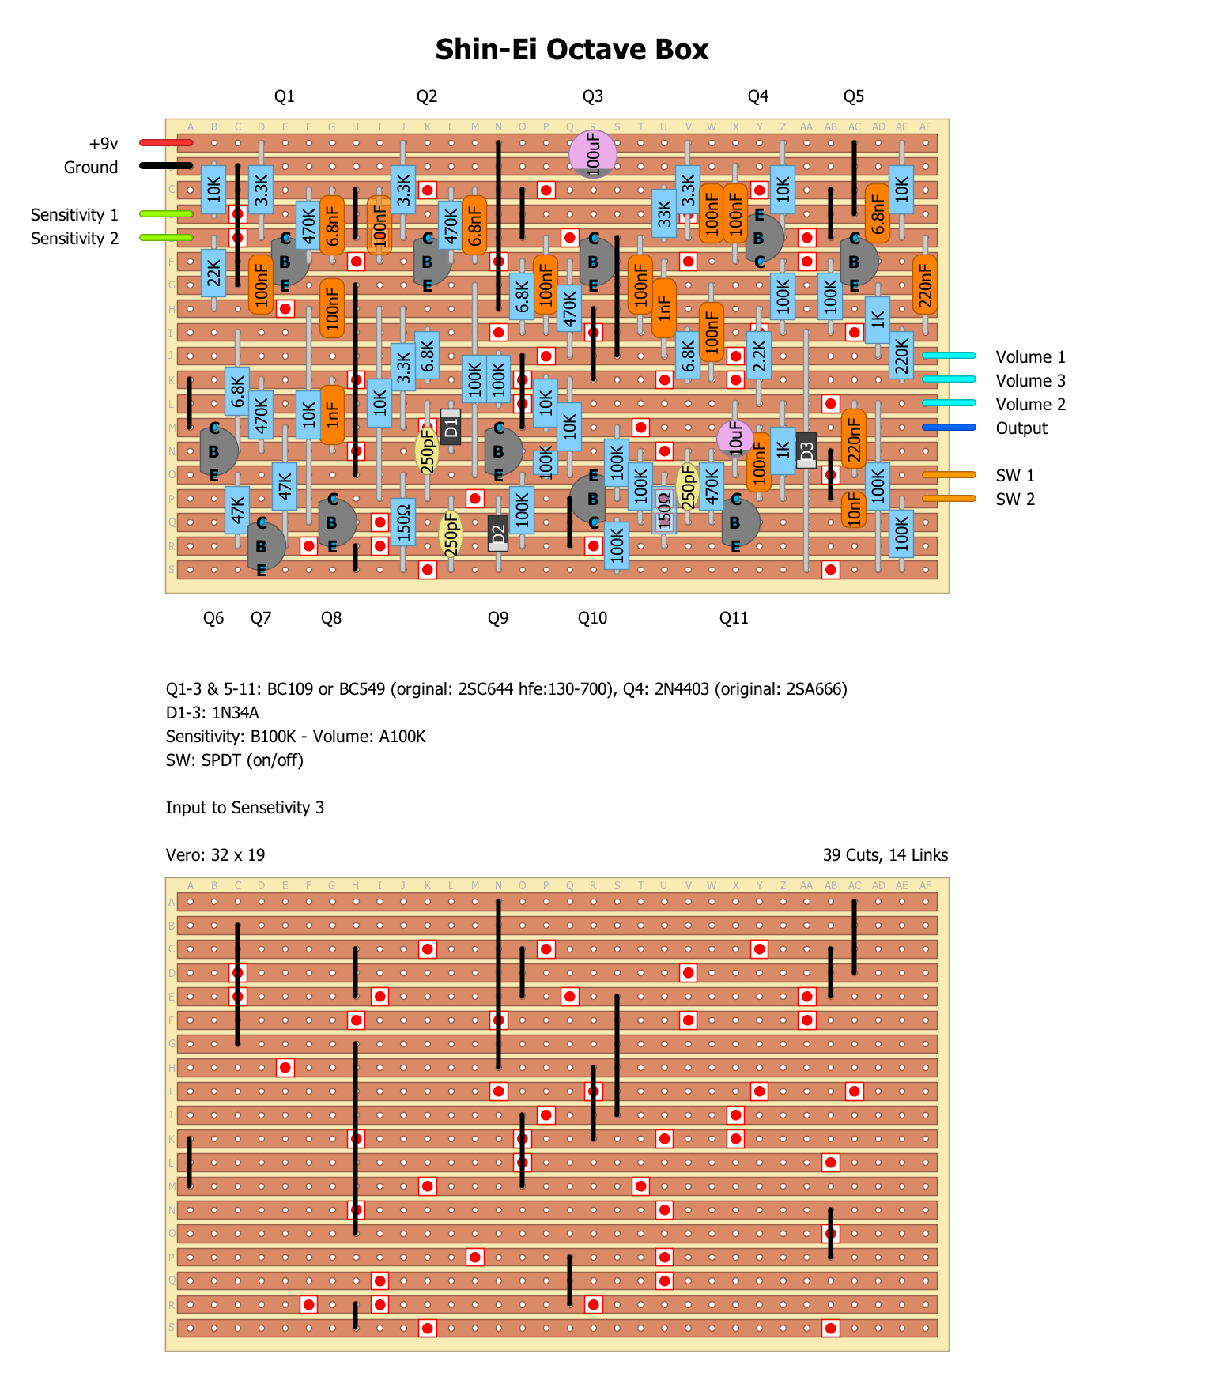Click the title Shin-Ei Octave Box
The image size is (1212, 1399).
572,50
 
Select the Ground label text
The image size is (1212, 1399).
91,168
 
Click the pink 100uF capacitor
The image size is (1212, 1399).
593,153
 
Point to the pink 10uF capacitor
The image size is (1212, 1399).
735,437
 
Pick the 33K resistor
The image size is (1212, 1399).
664,213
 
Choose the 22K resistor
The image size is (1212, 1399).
213,273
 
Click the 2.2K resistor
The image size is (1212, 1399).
759,356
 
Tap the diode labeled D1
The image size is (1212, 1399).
451,428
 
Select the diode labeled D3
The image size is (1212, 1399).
806,451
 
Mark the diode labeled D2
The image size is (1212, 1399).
498,534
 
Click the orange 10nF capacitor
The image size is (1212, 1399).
854,510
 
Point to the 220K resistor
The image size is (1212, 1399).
901,356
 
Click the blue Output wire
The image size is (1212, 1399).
949,428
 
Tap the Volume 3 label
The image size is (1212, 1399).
1030,381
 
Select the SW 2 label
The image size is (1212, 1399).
1015,500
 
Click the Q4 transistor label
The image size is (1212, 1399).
758,96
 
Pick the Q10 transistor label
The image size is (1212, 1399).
592,618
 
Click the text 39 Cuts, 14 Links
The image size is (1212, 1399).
885,855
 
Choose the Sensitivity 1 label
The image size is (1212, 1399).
74,215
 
